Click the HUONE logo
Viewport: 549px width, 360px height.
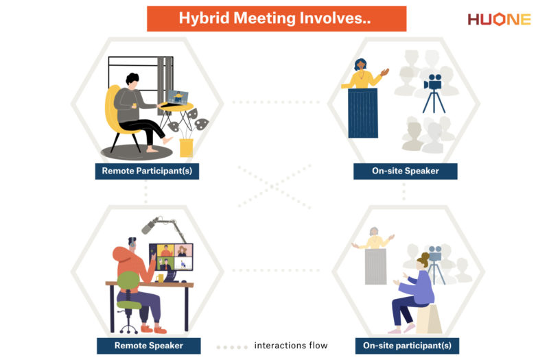click(x=499, y=19)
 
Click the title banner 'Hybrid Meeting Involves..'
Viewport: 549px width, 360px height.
click(x=276, y=19)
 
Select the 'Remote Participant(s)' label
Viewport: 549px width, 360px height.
click(x=147, y=171)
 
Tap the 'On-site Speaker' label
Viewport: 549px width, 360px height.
click(x=405, y=171)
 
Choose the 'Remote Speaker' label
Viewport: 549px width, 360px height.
click(x=148, y=345)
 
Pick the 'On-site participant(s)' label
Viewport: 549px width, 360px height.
click(x=407, y=345)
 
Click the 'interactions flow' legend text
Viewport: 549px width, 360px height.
click(x=290, y=345)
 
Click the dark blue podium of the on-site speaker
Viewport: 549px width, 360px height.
click(x=362, y=113)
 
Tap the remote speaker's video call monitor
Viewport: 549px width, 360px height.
click(x=171, y=258)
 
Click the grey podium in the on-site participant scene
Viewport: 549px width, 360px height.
click(x=375, y=267)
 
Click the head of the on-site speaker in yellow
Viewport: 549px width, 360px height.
click(x=361, y=64)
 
